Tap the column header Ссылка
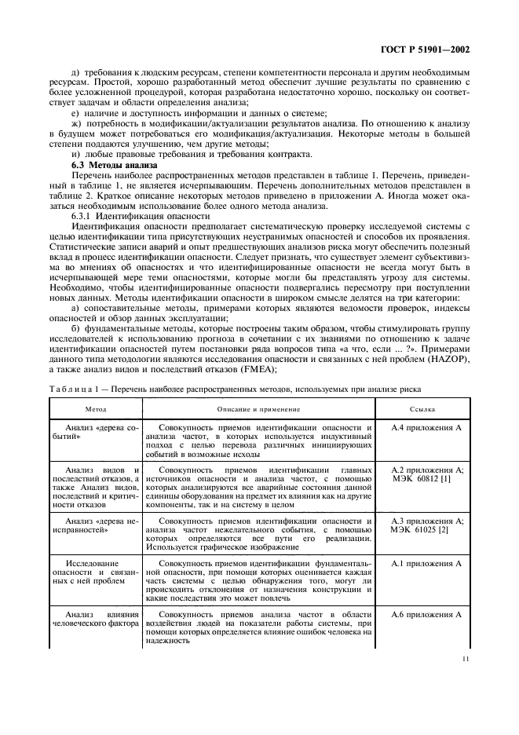tap(423, 409)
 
